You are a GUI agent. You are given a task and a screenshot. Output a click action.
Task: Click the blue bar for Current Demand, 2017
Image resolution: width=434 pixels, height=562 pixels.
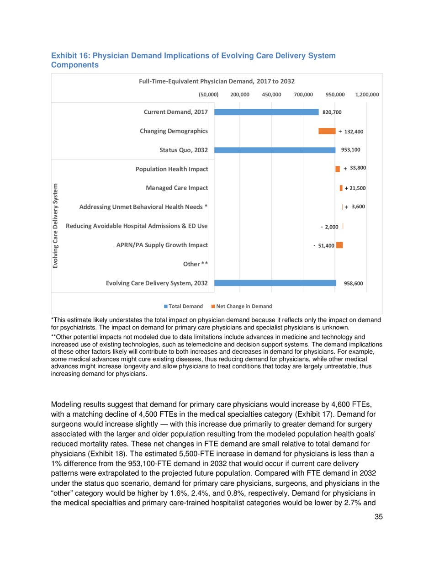[266, 112]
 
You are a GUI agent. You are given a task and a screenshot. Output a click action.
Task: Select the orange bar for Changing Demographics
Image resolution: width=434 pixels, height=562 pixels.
[327, 131]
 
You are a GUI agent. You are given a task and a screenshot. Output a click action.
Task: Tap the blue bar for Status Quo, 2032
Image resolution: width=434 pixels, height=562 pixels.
[274, 150]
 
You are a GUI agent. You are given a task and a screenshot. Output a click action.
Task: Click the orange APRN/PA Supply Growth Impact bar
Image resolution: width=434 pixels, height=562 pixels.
[339, 245]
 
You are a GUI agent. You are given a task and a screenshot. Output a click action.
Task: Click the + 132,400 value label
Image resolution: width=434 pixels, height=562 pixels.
[351, 132]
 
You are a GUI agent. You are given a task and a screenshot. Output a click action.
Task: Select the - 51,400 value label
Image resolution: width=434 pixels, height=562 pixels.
[323, 246]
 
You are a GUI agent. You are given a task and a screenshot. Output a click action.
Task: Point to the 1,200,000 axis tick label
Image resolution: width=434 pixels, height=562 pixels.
[367, 95]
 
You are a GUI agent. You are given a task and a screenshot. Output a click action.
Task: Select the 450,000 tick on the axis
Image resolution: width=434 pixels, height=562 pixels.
[271, 95]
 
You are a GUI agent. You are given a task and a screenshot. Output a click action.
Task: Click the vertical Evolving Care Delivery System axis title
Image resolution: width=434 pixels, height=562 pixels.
[56, 226]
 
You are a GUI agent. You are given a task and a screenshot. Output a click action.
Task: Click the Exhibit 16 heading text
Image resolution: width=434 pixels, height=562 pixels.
[193, 60]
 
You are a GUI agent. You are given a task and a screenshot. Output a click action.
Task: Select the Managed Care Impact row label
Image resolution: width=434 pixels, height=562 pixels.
[177, 188]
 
